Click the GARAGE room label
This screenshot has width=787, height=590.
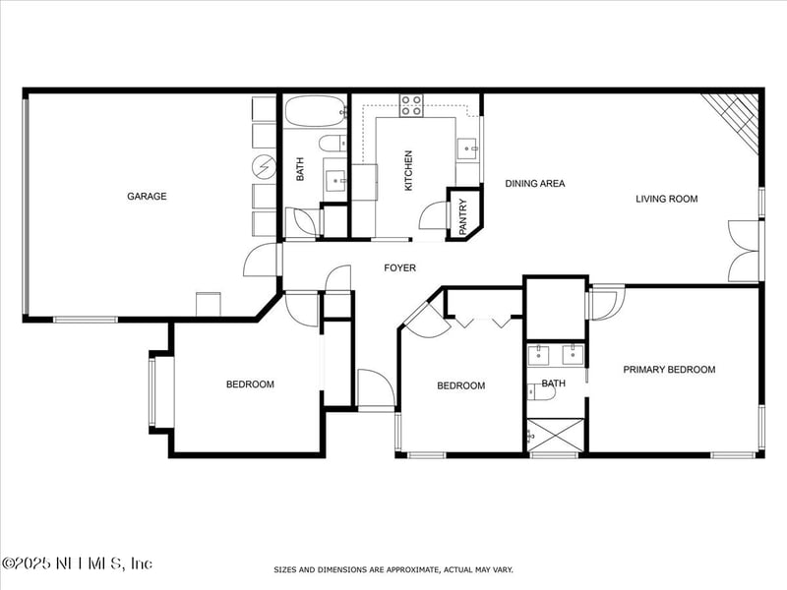(147, 196)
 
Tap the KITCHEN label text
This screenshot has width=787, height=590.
(408, 169)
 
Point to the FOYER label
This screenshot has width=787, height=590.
(399, 267)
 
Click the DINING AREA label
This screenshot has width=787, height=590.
(534, 183)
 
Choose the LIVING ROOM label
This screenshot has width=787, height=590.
(666, 199)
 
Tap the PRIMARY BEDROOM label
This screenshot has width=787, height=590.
(669, 370)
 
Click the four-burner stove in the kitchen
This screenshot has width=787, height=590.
(411, 105)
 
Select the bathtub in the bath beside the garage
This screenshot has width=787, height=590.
(314, 111)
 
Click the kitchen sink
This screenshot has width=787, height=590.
(466, 148)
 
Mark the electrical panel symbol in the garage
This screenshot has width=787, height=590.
(265, 163)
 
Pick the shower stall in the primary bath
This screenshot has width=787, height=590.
(555, 436)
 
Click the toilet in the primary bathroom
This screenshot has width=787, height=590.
(541, 391)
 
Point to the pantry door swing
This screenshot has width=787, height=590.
(434, 216)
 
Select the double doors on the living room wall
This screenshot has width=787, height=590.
(744, 251)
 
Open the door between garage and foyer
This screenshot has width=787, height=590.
(262, 260)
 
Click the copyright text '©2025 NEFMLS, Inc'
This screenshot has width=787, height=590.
(77, 563)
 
